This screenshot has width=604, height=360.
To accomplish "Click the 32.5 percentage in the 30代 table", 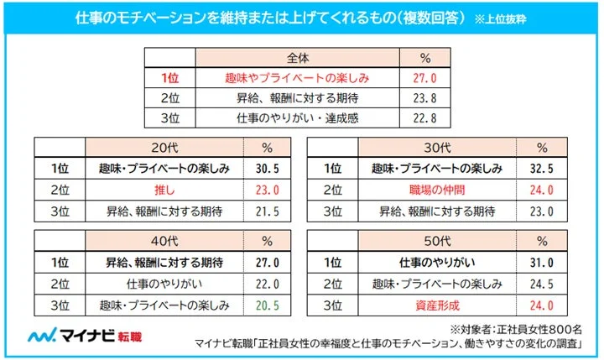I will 542,168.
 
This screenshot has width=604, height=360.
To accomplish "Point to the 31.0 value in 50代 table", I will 542,262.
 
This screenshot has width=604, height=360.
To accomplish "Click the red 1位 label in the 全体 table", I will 170,78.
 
